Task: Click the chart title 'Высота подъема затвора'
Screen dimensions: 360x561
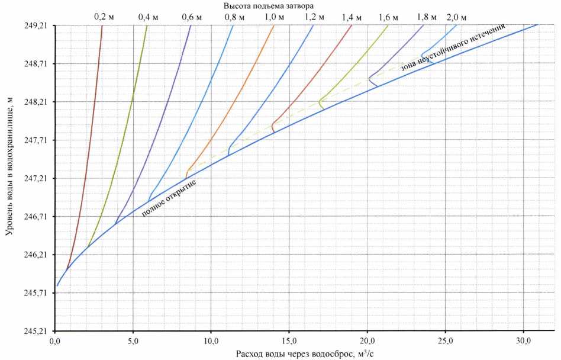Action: pyautogui.click(x=269, y=5)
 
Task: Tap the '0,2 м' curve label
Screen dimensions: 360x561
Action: pyautogui.click(x=105, y=17)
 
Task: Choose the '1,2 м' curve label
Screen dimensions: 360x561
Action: pyautogui.click(x=314, y=17)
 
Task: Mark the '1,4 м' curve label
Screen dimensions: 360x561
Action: pyautogui.click(x=353, y=17)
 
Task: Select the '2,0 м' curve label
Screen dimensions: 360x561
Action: pyautogui.click(x=457, y=17)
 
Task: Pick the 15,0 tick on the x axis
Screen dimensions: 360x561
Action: pyautogui.click(x=289, y=340)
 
